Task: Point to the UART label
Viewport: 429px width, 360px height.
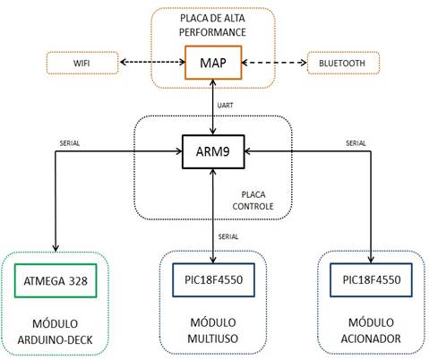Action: click(225, 105)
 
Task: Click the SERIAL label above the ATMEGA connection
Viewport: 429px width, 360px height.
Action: click(70, 143)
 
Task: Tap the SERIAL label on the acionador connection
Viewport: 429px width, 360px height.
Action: click(356, 143)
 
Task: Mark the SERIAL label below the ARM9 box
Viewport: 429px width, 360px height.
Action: click(228, 236)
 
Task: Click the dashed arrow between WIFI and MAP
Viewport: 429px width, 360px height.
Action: click(152, 62)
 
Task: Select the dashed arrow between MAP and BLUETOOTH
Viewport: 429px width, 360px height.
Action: click(274, 63)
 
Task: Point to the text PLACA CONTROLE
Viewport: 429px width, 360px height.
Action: click(253, 201)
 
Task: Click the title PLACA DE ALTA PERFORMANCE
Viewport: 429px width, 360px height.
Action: click(212, 25)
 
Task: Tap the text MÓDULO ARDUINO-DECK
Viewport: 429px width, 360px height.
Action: click(56, 331)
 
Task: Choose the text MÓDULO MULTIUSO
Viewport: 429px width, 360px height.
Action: click(213, 330)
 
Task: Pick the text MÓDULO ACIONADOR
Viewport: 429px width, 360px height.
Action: click(371, 330)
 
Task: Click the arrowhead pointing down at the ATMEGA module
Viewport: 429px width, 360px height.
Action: click(56, 248)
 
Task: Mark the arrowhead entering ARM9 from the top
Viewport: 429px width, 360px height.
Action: click(213, 132)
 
